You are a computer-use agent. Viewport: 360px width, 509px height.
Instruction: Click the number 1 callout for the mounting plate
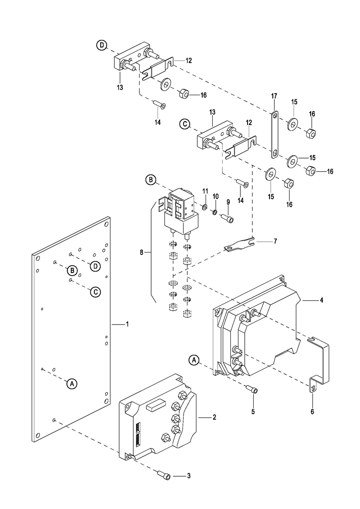pos(127,324)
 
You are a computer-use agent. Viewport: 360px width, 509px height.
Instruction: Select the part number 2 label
pos(214,417)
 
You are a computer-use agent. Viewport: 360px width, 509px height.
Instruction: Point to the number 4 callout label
pos(321,300)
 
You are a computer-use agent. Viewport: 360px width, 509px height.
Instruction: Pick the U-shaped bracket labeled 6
pos(319,364)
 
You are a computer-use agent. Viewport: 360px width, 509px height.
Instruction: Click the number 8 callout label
pos(142,252)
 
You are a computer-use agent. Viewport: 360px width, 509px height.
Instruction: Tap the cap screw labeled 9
pos(227,217)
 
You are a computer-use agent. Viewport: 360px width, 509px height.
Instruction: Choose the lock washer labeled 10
pos(214,212)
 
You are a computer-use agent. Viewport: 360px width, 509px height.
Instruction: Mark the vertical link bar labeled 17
pos(274,134)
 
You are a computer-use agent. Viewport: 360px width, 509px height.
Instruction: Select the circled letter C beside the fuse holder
pos(185,124)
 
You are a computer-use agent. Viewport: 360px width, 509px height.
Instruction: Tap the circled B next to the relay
pos(150,180)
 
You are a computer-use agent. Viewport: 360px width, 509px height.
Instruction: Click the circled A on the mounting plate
pos(72,384)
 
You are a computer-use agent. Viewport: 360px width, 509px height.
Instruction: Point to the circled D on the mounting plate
pos(95,266)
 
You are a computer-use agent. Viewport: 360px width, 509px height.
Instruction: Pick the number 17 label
pos(274,96)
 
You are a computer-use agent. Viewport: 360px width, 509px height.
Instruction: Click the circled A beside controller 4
pos(194,360)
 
